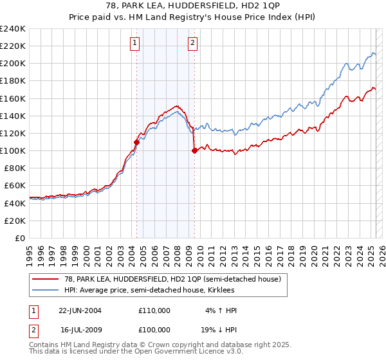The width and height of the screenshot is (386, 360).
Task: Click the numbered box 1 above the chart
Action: tap(135, 44)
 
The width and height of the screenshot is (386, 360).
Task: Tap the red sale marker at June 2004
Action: tap(136, 142)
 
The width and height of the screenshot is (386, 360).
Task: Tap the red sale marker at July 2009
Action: tap(194, 151)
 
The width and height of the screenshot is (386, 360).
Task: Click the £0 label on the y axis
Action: tap(21, 237)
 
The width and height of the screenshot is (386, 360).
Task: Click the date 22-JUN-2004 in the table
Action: tap(80, 310)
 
